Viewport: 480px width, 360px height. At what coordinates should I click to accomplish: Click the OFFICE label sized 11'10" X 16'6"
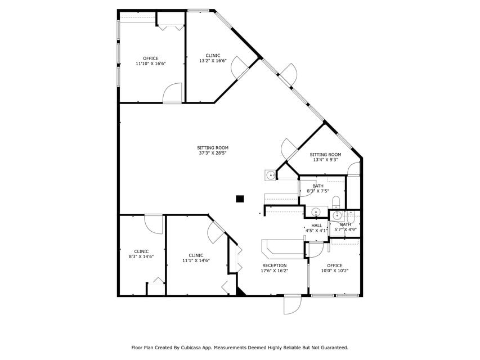(x=151, y=61)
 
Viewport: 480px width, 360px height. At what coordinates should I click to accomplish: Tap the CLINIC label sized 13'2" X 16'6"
(x=213, y=58)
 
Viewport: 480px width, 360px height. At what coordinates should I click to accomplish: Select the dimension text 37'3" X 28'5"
(x=213, y=153)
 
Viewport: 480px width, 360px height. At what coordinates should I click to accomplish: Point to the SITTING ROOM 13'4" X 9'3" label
(x=325, y=157)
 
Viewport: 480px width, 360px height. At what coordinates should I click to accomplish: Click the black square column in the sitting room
(x=240, y=199)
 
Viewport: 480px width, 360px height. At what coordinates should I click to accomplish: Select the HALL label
(x=317, y=226)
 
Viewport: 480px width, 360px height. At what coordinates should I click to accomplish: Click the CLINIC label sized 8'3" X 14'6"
(x=141, y=254)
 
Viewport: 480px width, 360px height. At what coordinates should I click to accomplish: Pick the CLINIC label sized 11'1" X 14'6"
(x=196, y=258)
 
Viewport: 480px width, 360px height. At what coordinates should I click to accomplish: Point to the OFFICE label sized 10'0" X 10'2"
(x=335, y=268)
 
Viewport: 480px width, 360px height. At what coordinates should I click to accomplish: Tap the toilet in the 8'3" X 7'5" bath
(x=336, y=202)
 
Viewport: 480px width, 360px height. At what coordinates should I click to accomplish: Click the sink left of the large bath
(x=271, y=175)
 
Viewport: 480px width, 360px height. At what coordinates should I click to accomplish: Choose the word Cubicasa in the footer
(x=191, y=348)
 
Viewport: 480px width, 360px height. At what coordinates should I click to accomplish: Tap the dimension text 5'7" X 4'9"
(x=346, y=229)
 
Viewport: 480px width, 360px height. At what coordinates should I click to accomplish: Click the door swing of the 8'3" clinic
(x=154, y=224)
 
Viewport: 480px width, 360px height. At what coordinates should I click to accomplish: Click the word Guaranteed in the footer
(x=335, y=348)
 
